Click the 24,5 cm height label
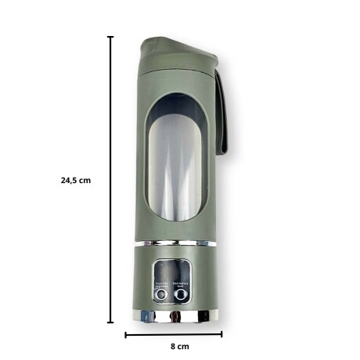point(76,179)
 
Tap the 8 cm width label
point(178,345)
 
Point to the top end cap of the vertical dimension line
point(110,37)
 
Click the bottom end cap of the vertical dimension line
point(110,321)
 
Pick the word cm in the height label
point(85,179)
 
